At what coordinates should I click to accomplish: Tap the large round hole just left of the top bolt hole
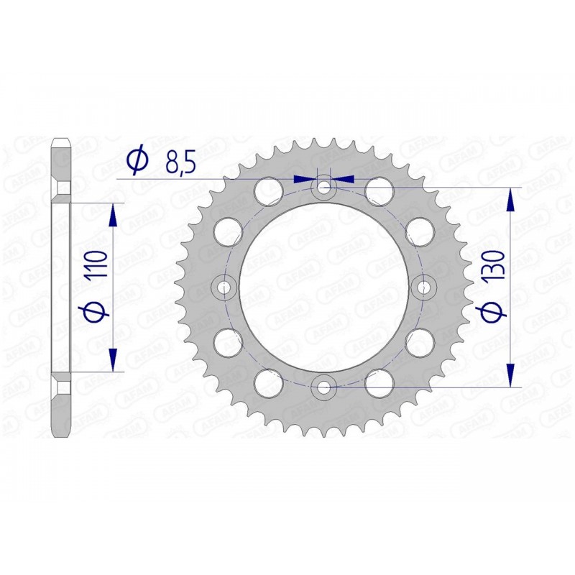coord(270,190)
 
